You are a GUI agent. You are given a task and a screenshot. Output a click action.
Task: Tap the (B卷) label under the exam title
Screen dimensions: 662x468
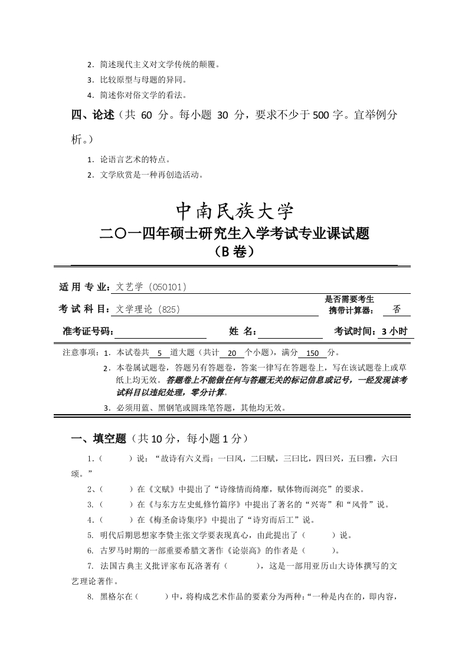pos(234,252)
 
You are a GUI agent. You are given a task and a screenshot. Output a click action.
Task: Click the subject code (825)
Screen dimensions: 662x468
pos(169,309)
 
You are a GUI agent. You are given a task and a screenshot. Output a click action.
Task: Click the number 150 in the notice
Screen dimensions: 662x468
pos(312,353)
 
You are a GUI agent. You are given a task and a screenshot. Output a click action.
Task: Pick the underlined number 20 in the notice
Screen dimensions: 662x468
pos(231,353)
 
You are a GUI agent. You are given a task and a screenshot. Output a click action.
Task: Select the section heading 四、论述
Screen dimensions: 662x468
pos(93,115)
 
